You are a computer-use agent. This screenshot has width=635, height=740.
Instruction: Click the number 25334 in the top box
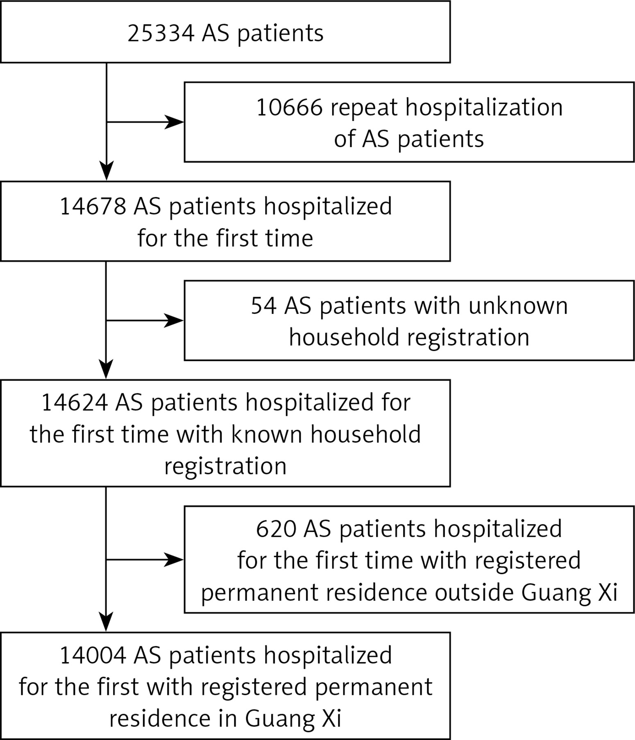click(161, 33)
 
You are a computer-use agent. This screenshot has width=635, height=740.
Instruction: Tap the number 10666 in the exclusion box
click(289, 108)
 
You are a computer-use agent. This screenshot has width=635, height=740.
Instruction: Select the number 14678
click(93, 206)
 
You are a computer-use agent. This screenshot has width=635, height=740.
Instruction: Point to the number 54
click(264, 306)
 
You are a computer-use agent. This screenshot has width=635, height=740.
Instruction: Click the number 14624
click(75, 402)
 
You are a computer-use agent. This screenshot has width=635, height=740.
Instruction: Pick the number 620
click(276, 529)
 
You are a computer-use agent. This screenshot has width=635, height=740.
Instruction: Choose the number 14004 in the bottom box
click(93, 655)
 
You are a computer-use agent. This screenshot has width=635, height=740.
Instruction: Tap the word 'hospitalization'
click(484, 108)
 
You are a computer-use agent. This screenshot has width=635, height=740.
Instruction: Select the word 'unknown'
click(518, 306)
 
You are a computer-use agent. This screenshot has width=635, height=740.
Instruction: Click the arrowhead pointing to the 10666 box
click(175, 122)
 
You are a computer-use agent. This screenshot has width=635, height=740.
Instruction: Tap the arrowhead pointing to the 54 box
click(175, 320)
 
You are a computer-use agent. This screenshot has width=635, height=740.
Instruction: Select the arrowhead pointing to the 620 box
click(175, 560)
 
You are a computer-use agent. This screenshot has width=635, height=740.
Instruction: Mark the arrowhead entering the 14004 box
click(107, 622)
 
